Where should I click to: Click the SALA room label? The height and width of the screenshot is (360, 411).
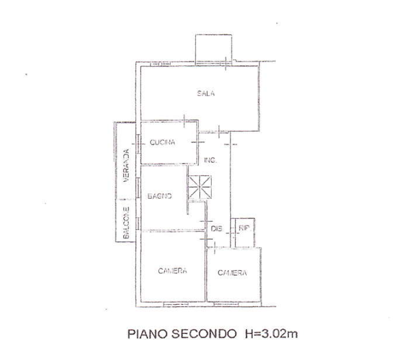(206, 94)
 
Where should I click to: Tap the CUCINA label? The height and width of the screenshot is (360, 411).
(162, 143)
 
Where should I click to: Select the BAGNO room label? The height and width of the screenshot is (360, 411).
(160, 196)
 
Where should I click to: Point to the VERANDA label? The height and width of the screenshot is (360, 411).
(126, 165)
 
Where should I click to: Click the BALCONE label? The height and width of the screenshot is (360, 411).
(126, 223)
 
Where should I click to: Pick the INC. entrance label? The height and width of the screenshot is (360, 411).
(210, 160)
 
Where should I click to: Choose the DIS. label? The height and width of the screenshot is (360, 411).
(216, 229)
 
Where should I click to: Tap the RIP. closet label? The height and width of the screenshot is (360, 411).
(244, 228)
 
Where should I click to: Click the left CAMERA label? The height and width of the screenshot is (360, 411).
(172, 271)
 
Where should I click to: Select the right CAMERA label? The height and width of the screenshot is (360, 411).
(232, 273)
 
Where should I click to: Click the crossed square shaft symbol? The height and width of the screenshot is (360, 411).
(200, 187)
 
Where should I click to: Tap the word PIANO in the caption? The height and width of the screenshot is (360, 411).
(147, 334)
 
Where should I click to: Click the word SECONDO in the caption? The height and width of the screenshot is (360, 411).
(204, 334)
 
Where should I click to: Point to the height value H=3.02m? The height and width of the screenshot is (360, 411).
(271, 334)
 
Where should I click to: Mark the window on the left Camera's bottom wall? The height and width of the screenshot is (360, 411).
(175, 304)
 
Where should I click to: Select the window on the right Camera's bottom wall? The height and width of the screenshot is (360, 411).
(226, 304)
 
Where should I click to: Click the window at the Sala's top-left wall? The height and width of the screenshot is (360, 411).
(161, 63)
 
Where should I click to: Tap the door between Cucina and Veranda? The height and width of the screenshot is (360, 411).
(138, 144)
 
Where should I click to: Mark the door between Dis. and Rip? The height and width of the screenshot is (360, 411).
(232, 232)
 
